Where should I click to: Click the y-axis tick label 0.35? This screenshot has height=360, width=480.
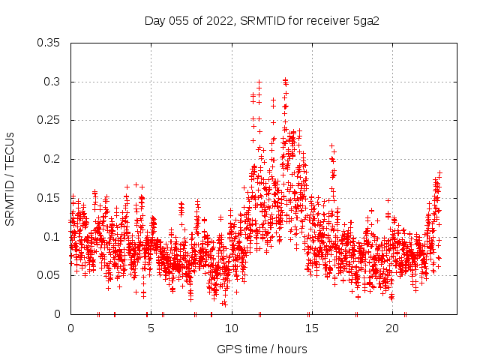pyautogui.click(x=48, y=43)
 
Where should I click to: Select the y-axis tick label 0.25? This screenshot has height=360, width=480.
pyautogui.click(x=48, y=120)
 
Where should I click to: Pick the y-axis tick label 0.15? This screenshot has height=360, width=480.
pyautogui.click(x=48, y=198)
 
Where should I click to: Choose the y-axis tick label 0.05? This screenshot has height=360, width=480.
pyautogui.click(x=48, y=275)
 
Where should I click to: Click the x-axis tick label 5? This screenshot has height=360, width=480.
pyautogui.click(x=151, y=329)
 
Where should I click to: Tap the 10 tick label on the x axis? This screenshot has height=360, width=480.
pyautogui.click(x=232, y=329)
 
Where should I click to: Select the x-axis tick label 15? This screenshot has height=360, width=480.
pyautogui.click(x=312, y=329)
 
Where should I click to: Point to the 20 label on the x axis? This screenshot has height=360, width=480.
pyautogui.click(x=392, y=329)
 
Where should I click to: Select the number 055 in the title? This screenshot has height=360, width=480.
pyautogui.click(x=178, y=20)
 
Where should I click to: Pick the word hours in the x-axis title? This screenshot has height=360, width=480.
pyautogui.click(x=292, y=349)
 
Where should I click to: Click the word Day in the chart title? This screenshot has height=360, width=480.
pyautogui.click(x=154, y=20)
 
